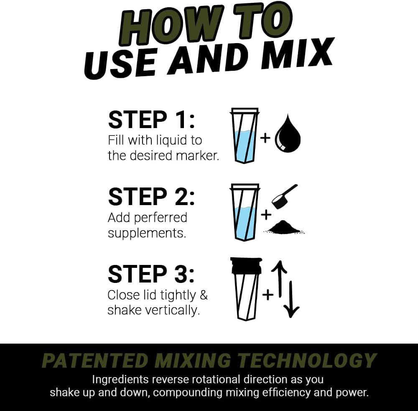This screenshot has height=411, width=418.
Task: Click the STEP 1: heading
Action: (151, 120)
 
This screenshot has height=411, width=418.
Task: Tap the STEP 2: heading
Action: (151, 197)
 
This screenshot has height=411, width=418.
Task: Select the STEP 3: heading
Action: (151, 274)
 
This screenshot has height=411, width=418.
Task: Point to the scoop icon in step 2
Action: (284, 196)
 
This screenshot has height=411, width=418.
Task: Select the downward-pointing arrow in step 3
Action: (291, 299)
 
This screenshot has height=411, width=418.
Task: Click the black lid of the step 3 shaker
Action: (245, 266)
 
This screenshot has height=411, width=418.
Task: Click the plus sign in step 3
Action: (268, 295)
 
